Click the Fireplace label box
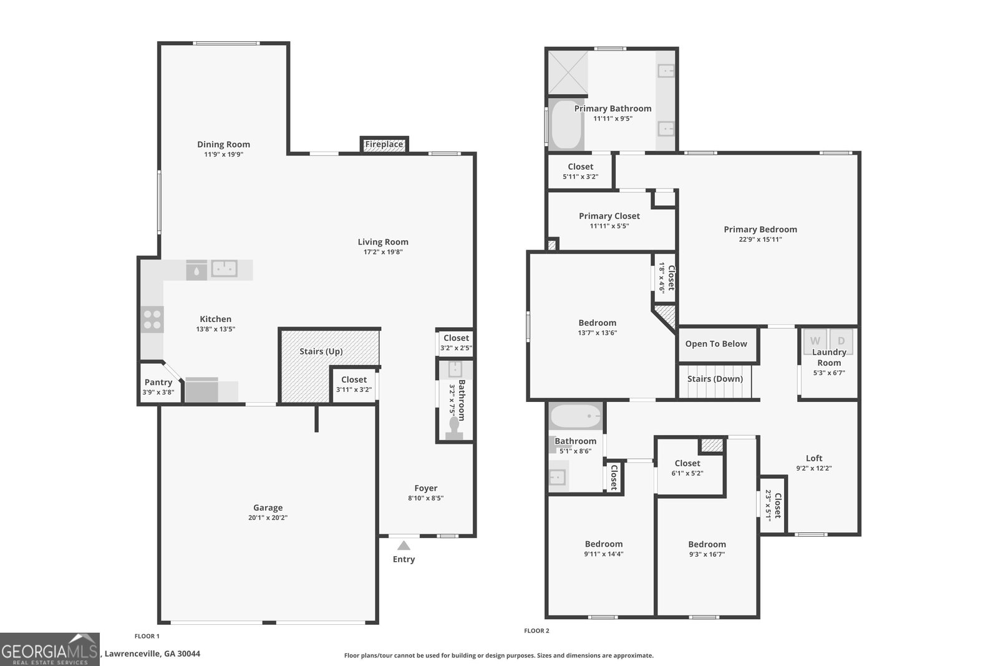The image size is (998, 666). coord(384,144)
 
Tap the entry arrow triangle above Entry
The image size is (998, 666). coord(403,545)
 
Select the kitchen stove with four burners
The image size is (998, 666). coord(152,319)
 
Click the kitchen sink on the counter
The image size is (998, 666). coord(224,268)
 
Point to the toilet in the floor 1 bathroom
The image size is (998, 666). coord(454,429)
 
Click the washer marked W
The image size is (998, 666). coord(815,341)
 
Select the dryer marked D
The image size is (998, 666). coord(841,341)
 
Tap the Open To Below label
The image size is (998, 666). coord(716,344)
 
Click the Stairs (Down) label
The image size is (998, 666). coord(715,379)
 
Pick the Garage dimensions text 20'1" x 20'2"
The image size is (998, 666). coord(268,517)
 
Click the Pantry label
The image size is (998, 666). coord(158,382)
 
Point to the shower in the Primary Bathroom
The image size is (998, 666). coord(568,72)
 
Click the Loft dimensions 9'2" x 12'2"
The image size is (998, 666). coord(814,468)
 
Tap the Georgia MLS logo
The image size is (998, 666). coord(49,649)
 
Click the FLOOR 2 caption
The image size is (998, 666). coord(536,631)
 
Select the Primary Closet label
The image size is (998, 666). coord(609,216)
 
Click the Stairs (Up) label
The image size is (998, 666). coord(321,351)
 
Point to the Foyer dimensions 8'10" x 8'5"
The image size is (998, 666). coord(426,498)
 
